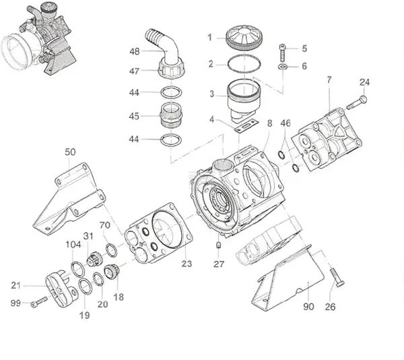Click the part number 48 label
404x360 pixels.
135,51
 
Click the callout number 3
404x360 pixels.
211,94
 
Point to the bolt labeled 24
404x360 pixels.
358,103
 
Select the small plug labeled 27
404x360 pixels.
220,244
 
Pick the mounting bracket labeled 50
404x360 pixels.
70,199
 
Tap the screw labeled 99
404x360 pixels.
39,301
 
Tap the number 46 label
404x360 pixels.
286,124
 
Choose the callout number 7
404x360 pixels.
329,80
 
